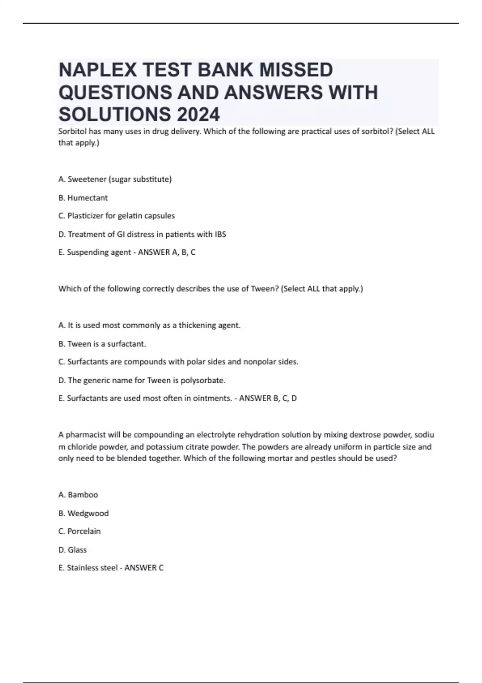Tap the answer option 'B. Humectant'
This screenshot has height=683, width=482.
point(83,198)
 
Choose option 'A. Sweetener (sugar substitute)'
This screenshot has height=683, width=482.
point(115,179)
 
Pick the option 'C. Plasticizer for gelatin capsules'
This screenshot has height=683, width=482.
point(116,216)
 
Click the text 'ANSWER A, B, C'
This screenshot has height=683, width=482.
point(167,252)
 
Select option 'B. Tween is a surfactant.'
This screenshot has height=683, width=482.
point(102,344)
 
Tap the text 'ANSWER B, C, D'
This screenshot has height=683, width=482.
point(268,398)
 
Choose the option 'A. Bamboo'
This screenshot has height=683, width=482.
point(78,495)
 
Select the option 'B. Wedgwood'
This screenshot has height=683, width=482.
point(84,513)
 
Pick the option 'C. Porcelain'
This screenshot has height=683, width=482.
point(80,531)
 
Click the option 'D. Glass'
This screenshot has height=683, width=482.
point(73,550)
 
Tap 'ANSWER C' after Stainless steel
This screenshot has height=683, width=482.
point(144,568)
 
